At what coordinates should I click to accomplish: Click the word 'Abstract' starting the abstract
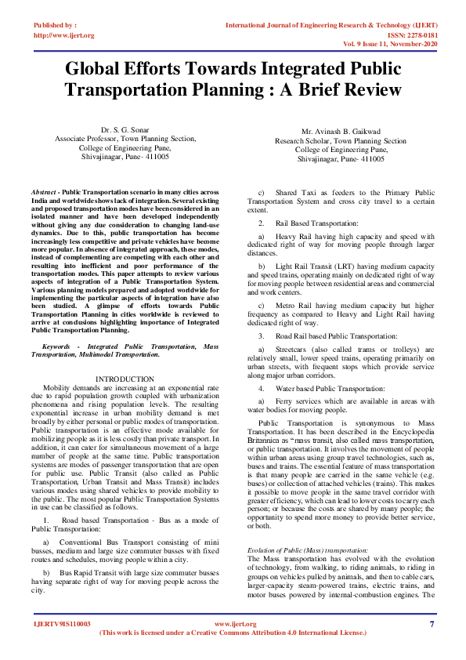coord(43,191)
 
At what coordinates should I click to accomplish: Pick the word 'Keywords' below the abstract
coord(60,345)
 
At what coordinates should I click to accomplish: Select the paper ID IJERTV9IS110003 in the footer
coord(62,624)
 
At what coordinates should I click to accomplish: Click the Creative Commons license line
coord(233,632)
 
